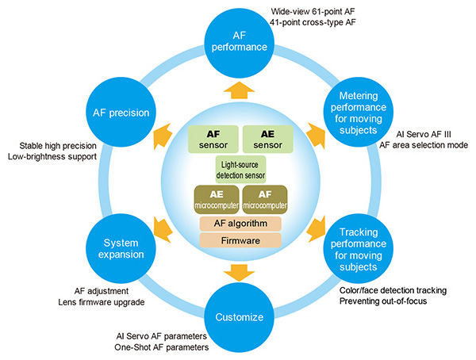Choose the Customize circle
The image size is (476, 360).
[x=239, y=317]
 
